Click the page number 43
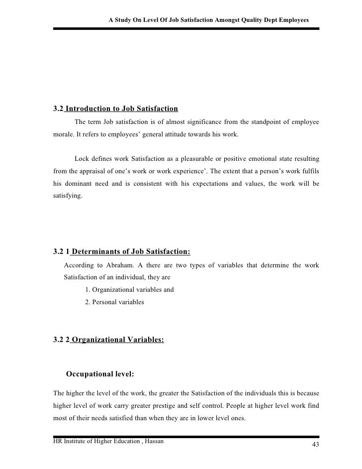[x=315, y=444]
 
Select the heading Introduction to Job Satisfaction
[x=121, y=109]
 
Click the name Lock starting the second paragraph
[x=82, y=159]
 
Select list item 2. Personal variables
[x=114, y=302]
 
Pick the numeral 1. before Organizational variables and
[x=88, y=290]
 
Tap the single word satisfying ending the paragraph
[x=68, y=195]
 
